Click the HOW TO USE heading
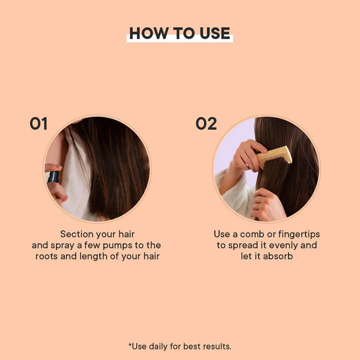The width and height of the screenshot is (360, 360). point(179,33)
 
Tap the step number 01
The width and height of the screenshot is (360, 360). point(39,124)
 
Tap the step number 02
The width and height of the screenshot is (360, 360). point(206,124)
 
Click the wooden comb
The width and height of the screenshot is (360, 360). point(274,156)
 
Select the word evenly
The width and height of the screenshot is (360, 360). point(279,245)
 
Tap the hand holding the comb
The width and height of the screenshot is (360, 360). point(248,154)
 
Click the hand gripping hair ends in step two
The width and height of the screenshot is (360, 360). point(267,205)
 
